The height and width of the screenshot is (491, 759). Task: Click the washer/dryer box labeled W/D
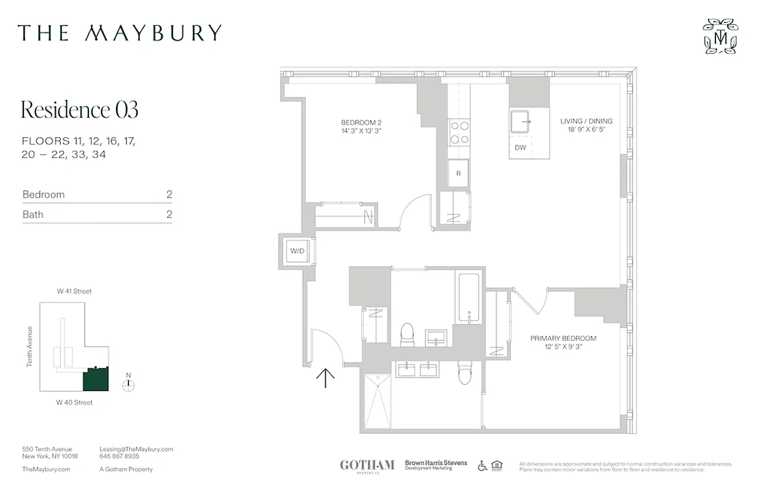(297, 250)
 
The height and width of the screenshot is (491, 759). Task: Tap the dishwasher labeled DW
(520, 147)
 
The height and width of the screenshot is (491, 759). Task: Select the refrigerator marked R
(459, 174)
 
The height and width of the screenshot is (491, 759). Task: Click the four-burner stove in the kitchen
(459, 132)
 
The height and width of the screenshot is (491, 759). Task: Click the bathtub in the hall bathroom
(469, 298)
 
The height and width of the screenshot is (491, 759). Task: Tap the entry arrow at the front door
(325, 377)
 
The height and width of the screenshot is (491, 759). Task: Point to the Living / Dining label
(586, 125)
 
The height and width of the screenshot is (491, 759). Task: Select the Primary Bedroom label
(563, 342)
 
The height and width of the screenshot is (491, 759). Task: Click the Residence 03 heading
(79, 110)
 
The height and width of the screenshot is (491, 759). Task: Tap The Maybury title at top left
(119, 33)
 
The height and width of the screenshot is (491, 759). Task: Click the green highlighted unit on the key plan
(96, 379)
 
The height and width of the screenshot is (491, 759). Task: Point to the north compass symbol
(128, 385)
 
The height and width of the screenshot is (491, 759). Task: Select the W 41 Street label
(74, 292)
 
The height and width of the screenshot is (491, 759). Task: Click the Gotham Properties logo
(367, 466)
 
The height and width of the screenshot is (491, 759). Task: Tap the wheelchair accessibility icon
(483, 466)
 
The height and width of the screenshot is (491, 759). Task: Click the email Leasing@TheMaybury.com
(136, 449)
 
